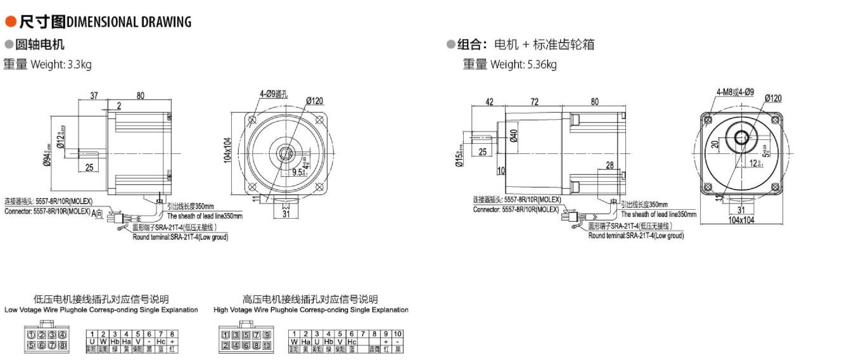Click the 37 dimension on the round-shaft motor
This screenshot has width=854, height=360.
tap(94, 96)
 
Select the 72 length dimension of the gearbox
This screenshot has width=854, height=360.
tap(534, 102)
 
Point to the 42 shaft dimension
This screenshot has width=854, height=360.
tap(488, 102)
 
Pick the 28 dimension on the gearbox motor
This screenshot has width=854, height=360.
tap(609, 165)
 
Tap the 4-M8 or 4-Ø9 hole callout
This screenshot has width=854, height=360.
tap(735, 92)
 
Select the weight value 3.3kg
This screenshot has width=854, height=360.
tap(80, 64)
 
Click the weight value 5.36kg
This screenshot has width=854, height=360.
tap(542, 64)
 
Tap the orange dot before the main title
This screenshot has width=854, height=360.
tap(10, 22)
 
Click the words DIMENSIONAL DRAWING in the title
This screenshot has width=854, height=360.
tap(129, 22)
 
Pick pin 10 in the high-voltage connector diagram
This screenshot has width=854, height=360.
tap(267, 345)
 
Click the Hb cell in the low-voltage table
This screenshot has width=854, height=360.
tap(115, 342)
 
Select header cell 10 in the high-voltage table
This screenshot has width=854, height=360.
tap(397, 334)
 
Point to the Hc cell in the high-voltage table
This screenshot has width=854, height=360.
tap(352, 342)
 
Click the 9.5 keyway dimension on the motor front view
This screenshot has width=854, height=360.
tap(298, 170)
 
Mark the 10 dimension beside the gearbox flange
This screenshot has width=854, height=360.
tap(500, 170)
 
